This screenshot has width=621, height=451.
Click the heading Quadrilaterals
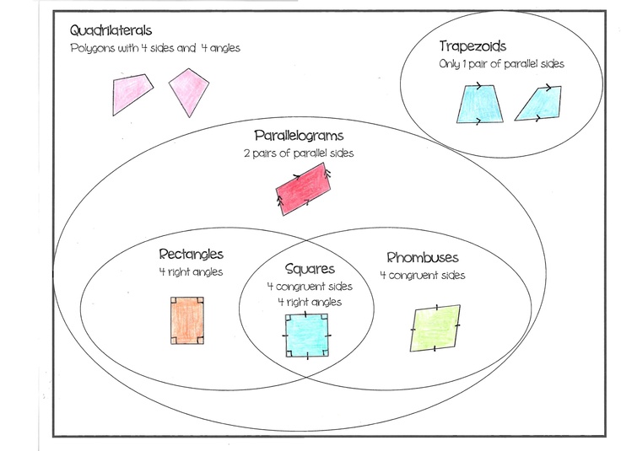click(x=112, y=31)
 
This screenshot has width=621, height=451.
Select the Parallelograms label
click(x=299, y=135)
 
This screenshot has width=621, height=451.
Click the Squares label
click(x=310, y=270)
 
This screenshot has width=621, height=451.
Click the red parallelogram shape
click(x=303, y=187)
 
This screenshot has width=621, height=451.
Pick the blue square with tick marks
click(x=307, y=336)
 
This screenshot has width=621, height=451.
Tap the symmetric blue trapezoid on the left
click(x=478, y=104)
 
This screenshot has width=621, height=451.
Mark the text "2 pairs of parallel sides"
click(x=298, y=153)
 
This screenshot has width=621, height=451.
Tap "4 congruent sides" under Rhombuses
click(x=422, y=275)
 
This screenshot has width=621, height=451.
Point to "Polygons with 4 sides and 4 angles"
click(x=155, y=48)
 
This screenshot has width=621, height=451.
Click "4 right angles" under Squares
click(x=309, y=301)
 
